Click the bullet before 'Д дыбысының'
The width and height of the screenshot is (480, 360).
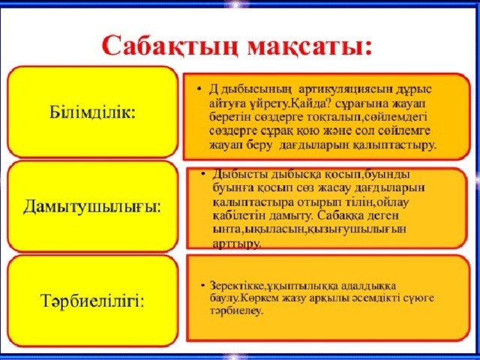coord(194,88)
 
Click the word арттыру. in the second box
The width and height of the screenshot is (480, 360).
coord(237,243)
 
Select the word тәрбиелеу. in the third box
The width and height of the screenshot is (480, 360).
coord(236,311)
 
